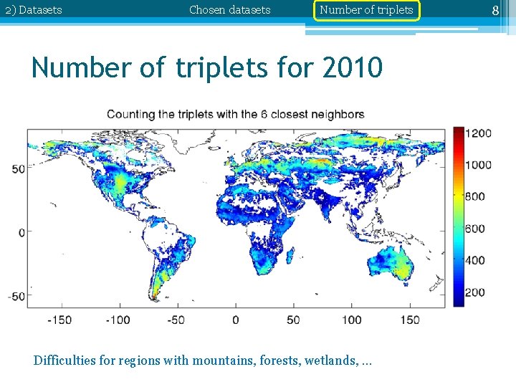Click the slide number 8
pyautogui.click(x=494, y=10)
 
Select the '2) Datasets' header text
pyautogui.click(x=34, y=10)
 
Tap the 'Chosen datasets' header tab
pyautogui.click(x=230, y=10)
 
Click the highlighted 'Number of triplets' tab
pyautogui.click(x=365, y=10)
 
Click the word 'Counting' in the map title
pyautogui.click(x=130, y=115)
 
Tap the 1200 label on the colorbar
pyautogui.click(x=478, y=133)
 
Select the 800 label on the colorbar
pyautogui.click(x=475, y=196)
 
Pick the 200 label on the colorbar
pyautogui.click(x=475, y=292)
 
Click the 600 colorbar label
pyautogui.click(x=475, y=229)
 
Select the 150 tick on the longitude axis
pyautogui.click(x=410, y=320)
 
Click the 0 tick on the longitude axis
pyautogui.click(x=236, y=320)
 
